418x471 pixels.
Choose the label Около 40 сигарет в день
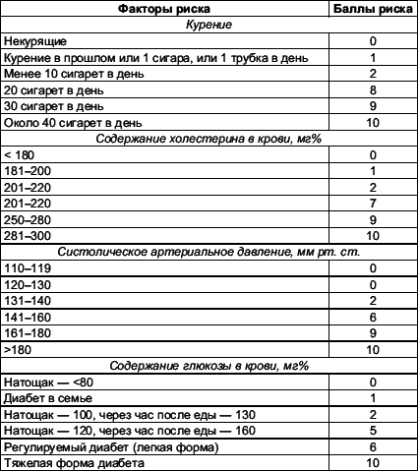coord(74,123)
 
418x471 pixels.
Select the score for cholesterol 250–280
coord(373,219)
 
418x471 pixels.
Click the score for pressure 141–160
coord(373,317)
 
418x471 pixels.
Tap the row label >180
coord(17,349)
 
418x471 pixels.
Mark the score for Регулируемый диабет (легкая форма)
coord(373,445)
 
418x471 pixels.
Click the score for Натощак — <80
coord(373,381)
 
